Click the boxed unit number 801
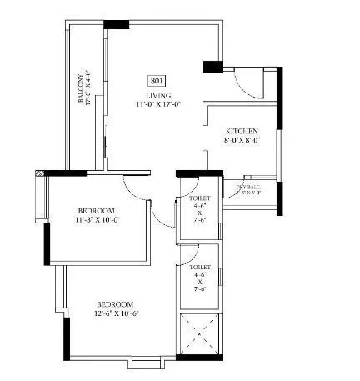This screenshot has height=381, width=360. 157,81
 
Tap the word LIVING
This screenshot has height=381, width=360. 157,96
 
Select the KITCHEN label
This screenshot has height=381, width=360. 242,132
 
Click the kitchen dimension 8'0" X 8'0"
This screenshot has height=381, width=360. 242,142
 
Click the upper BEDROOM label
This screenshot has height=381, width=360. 96,210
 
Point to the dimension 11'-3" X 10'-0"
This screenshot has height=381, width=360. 96,220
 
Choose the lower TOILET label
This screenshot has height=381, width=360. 200,267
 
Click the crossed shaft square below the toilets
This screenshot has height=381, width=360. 200,335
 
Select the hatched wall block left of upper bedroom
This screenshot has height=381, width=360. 39,174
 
